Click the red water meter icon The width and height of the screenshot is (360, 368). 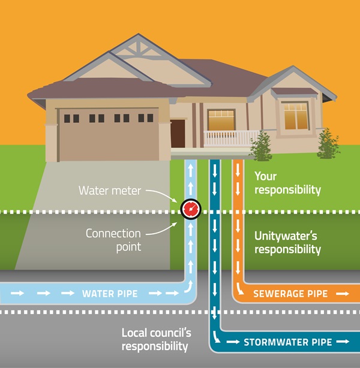190,209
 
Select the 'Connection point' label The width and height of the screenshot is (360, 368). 113,239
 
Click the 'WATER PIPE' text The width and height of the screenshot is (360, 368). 110,294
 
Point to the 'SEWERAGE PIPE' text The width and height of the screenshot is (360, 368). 290,294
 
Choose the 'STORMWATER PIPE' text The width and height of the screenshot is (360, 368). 287,343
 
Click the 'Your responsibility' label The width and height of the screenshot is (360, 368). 287,183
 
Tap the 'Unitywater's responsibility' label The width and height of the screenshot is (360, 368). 287,243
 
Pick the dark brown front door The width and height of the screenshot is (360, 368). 178,133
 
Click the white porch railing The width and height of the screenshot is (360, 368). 231,138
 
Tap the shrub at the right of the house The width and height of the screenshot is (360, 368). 328,144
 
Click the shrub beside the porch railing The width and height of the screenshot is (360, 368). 262,146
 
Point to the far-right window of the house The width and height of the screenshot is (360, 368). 295,116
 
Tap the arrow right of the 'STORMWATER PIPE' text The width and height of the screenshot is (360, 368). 343,343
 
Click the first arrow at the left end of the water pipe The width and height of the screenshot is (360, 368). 18,294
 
